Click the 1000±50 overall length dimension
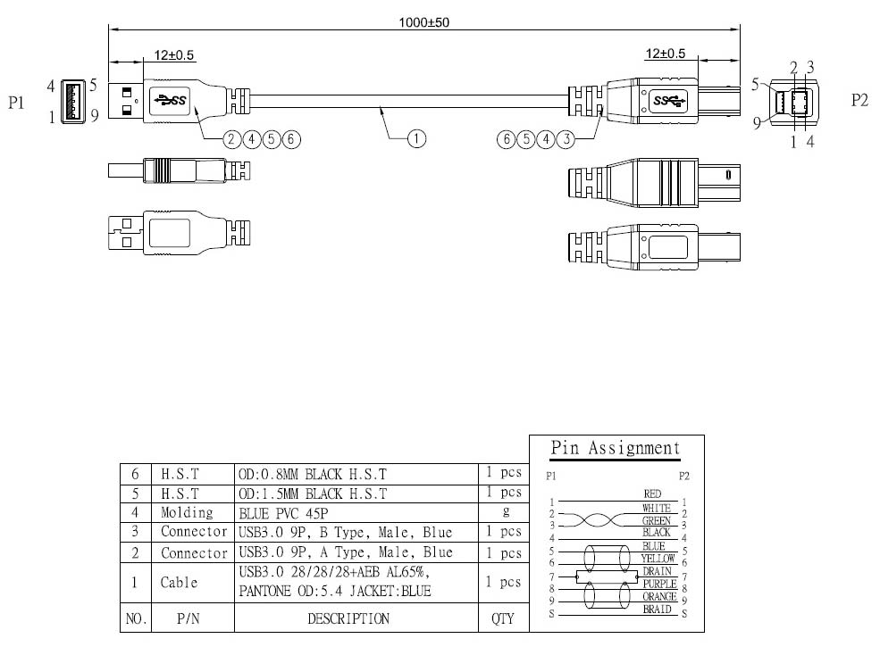[x=423, y=21]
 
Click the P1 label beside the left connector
[x=17, y=104]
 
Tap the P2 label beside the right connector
[x=859, y=100]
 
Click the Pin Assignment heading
[x=615, y=448]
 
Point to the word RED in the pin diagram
[x=652, y=494]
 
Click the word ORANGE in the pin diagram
[x=658, y=596]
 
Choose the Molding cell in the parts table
[x=187, y=512]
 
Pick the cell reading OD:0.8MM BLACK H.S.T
[x=312, y=473]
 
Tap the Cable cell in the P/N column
[x=179, y=582]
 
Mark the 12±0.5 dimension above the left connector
[x=173, y=54]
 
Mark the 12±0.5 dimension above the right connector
[x=665, y=54]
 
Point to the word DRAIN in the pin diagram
[x=657, y=571]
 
